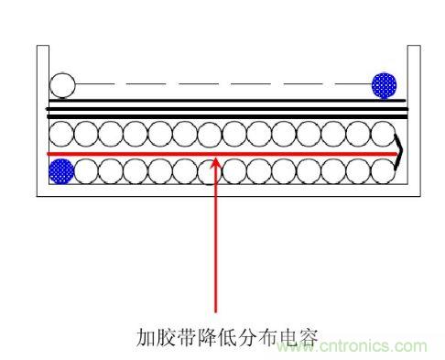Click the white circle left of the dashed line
pyautogui.click(x=62, y=85)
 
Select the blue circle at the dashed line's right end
pyautogui.click(x=384, y=85)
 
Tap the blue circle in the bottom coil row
pyautogui.click(x=61, y=169)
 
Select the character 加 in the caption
pyautogui.click(x=144, y=337)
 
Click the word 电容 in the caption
pyautogui.click(x=298, y=337)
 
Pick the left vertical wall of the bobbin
pyautogui.click(x=38, y=119)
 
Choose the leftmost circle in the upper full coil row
pyautogui.click(x=61, y=135)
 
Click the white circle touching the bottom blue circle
pyautogui.click(x=86, y=169)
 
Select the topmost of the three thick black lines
pyautogui.click(x=220, y=100)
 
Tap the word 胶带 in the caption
pyautogui.click(x=177, y=337)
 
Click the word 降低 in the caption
pyautogui.click(x=221, y=337)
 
